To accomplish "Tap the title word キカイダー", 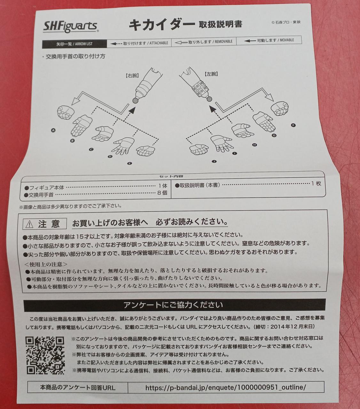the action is [161, 25].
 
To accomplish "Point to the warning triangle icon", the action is [29, 224].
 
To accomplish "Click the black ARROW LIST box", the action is [74, 44].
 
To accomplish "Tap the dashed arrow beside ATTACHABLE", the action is [116, 43].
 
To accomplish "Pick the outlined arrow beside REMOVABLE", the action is [181, 42].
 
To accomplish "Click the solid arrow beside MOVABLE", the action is [250, 41].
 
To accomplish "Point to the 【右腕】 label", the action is [132, 76].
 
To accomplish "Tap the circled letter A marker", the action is [53, 130].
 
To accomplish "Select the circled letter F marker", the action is [293, 125].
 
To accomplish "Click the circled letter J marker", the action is [214, 161].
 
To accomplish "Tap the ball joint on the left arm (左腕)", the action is [209, 99].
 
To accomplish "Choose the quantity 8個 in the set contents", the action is [162, 193].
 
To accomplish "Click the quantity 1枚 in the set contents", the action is [316, 183].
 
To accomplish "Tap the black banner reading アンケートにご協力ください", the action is [175, 305].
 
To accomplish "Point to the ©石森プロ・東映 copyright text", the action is [286, 22].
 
